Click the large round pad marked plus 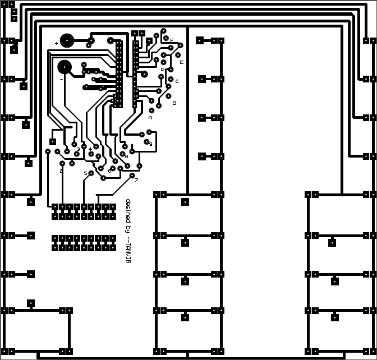[67, 40]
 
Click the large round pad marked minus [65, 67]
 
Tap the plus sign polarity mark [56, 44]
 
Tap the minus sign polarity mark [61, 79]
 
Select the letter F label [172, 40]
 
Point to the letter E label [181, 62]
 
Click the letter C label [177, 81]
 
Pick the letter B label [174, 103]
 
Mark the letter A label [150, 118]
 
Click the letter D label [162, 70]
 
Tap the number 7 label [136, 180]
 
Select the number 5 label [85, 173]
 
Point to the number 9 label [150, 144]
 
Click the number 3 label [78, 149]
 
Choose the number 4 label [90, 149]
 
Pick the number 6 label [109, 170]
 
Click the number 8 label [126, 156]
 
